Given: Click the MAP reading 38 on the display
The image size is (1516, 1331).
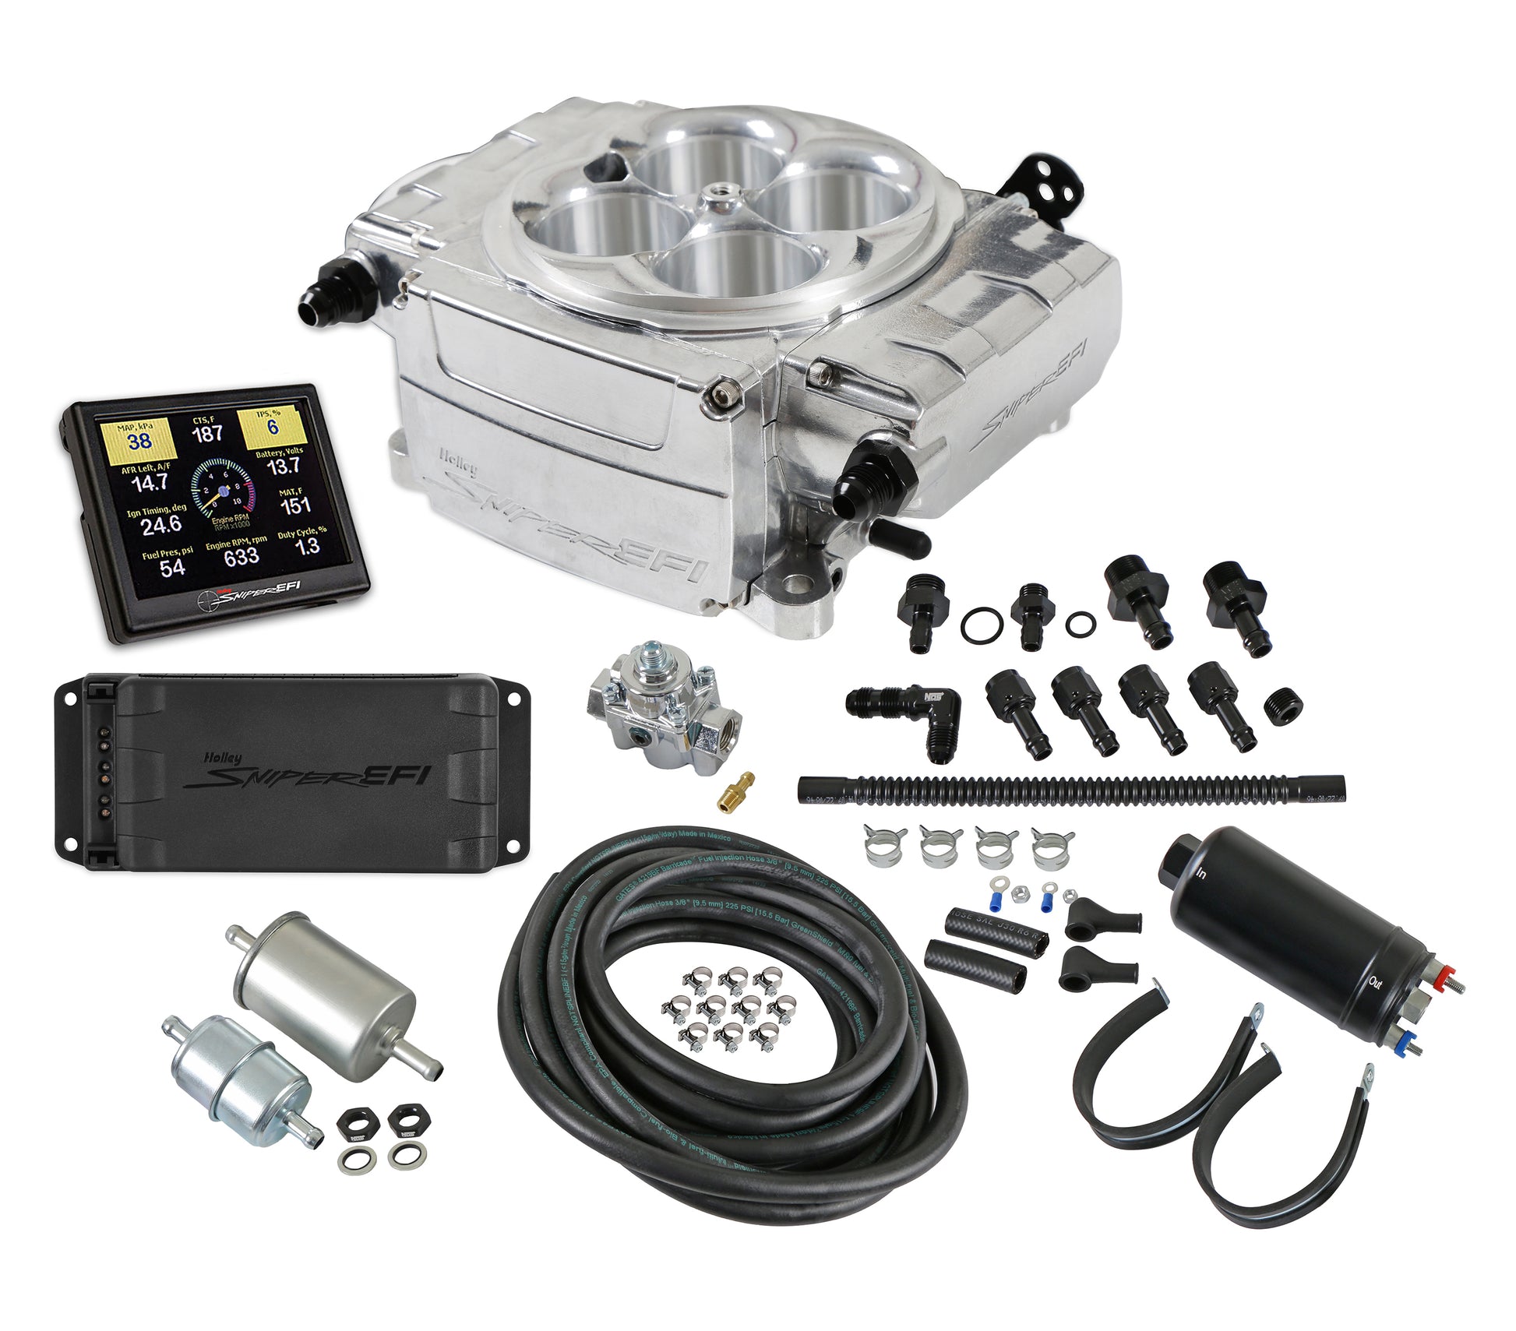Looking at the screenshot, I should (x=139, y=441).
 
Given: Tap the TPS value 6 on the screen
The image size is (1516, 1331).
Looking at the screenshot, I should (x=273, y=426).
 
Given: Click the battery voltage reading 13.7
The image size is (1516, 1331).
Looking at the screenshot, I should (x=284, y=467).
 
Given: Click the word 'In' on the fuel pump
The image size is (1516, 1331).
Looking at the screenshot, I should (x=1202, y=873).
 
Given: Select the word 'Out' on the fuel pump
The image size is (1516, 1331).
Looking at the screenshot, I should (x=1376, y=982).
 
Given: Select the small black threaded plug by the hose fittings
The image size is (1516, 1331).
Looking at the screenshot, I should (x=1282, y=707).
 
